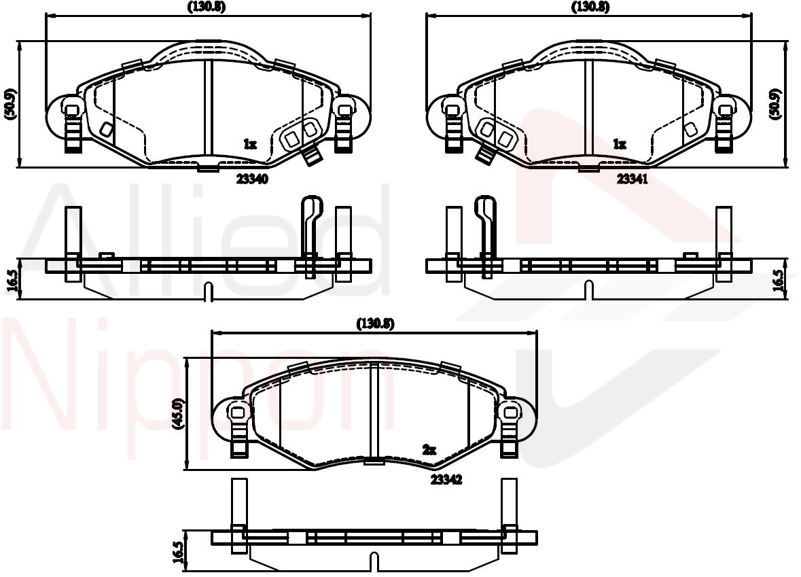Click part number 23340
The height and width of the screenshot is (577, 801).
click(x=252, y=179)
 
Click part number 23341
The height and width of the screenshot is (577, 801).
click(x=633, y=179)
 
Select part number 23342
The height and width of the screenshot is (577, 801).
click(x=446, y=479)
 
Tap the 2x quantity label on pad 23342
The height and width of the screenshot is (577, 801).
click(x=429, y=450)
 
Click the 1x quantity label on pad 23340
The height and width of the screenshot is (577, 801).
click(x=249, y=144)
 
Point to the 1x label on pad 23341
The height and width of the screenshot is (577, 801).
click(x=620, y=144)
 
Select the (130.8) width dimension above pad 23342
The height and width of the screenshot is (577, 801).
click(x=375, y=324)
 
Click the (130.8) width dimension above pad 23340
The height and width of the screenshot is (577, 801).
click(x=207, y=7)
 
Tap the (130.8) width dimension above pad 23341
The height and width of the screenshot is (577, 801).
click(x=590, y=7)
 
